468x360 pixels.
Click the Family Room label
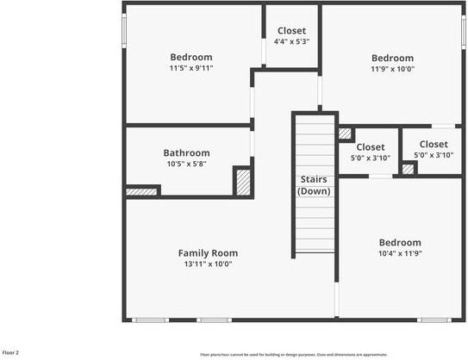[x=208, y=252]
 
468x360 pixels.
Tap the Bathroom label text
[x=187, y=152]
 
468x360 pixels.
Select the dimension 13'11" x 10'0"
[x=208, y=264]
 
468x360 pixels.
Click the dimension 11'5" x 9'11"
[x=190, y=68]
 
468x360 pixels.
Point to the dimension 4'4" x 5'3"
[x=291, y=41]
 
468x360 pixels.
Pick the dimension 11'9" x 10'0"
[x=392, y=69]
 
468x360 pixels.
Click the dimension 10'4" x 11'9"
[x=400, y=253]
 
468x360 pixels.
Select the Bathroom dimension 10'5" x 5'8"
[x=187, y=163]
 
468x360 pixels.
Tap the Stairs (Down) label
[x=314, y=185]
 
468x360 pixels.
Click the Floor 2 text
[x=11, y=352]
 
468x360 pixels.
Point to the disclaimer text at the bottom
[x=294, y=354]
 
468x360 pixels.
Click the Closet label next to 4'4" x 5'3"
[x=291, y=31]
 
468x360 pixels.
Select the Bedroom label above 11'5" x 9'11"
[x=190, y=58]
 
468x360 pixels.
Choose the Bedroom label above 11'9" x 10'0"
[x=392, y=59]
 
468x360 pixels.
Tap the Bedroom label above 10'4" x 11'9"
[x=400, y=243]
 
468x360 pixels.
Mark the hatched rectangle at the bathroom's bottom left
[x=142, y=191]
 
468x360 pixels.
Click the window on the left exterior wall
[x=124, y=32]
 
